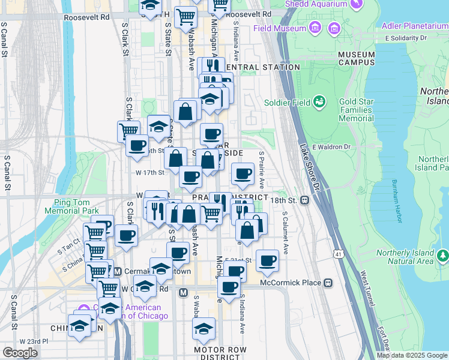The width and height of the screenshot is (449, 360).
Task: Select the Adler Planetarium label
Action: (x=415, y=26)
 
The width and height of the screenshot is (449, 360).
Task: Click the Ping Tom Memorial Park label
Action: (x=76, y=206)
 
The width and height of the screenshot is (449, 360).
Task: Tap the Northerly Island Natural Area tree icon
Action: (x=443, y=256)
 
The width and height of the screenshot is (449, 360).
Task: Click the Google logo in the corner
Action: (x=20, y=353)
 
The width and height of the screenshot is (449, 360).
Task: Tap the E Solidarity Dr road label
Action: (x=406, y=38)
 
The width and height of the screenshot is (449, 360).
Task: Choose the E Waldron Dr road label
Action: (x=331, y=147)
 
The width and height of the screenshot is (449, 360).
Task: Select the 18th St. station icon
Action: (x=305, y=200)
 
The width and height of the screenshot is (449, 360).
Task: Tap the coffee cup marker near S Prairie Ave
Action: (x=243, y=175)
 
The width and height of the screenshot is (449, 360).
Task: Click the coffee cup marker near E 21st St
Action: (x=267, y=261)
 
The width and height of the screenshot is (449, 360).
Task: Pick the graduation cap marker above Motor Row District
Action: (x=204, y=329)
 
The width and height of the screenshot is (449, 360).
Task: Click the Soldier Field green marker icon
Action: (x=319, y=101)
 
